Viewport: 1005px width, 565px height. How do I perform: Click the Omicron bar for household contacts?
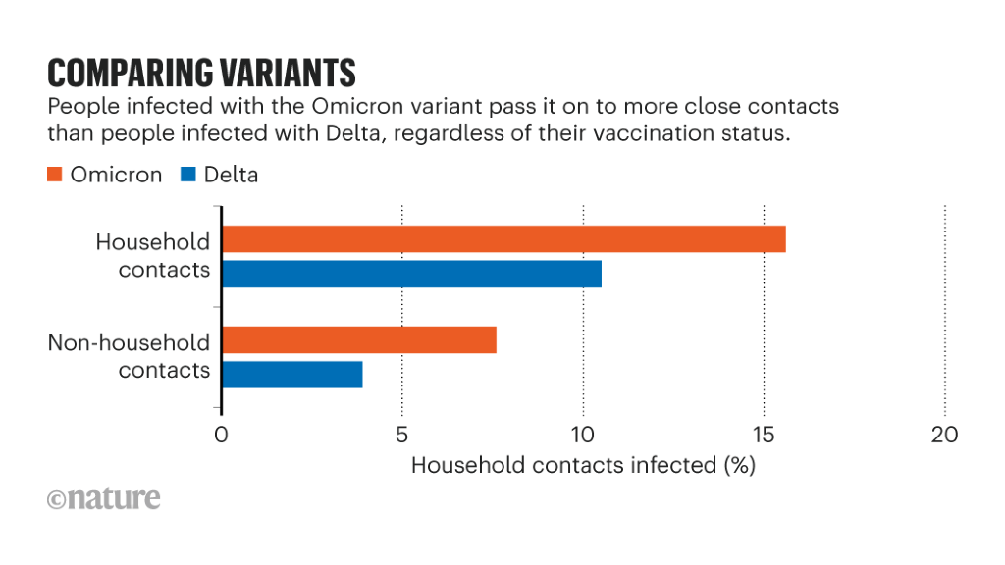coord(503,238)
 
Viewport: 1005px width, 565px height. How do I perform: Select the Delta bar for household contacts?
coord(411,274)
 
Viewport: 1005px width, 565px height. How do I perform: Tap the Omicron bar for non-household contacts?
coord(359,339)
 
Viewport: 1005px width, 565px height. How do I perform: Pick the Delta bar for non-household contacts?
coord(292,375)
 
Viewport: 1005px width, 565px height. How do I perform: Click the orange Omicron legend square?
coord(55,175)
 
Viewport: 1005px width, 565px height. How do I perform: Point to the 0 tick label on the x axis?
coord(222,435)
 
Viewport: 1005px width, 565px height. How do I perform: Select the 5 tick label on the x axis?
coord(402,435)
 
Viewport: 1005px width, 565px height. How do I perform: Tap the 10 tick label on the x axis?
coord(583,435)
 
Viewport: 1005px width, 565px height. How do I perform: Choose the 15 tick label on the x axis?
coord(764,435)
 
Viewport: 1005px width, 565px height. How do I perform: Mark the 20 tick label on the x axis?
coord(944,435)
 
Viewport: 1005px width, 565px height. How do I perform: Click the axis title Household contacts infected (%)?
coord(583,465)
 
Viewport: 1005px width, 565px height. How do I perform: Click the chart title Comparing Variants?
coord(201,74)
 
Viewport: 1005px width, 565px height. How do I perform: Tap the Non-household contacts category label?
coord(129,356)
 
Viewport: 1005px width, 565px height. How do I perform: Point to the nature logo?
coord(103,498)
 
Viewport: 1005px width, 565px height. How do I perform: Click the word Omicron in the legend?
coord(117,175)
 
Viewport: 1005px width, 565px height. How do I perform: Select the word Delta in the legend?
coord(232,175)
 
